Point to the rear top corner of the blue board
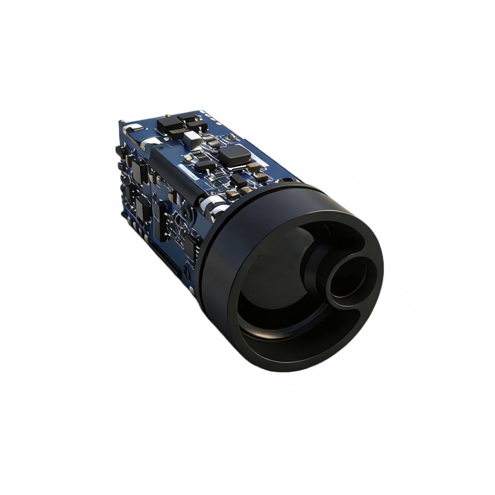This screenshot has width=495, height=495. click(x=120, y=122)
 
